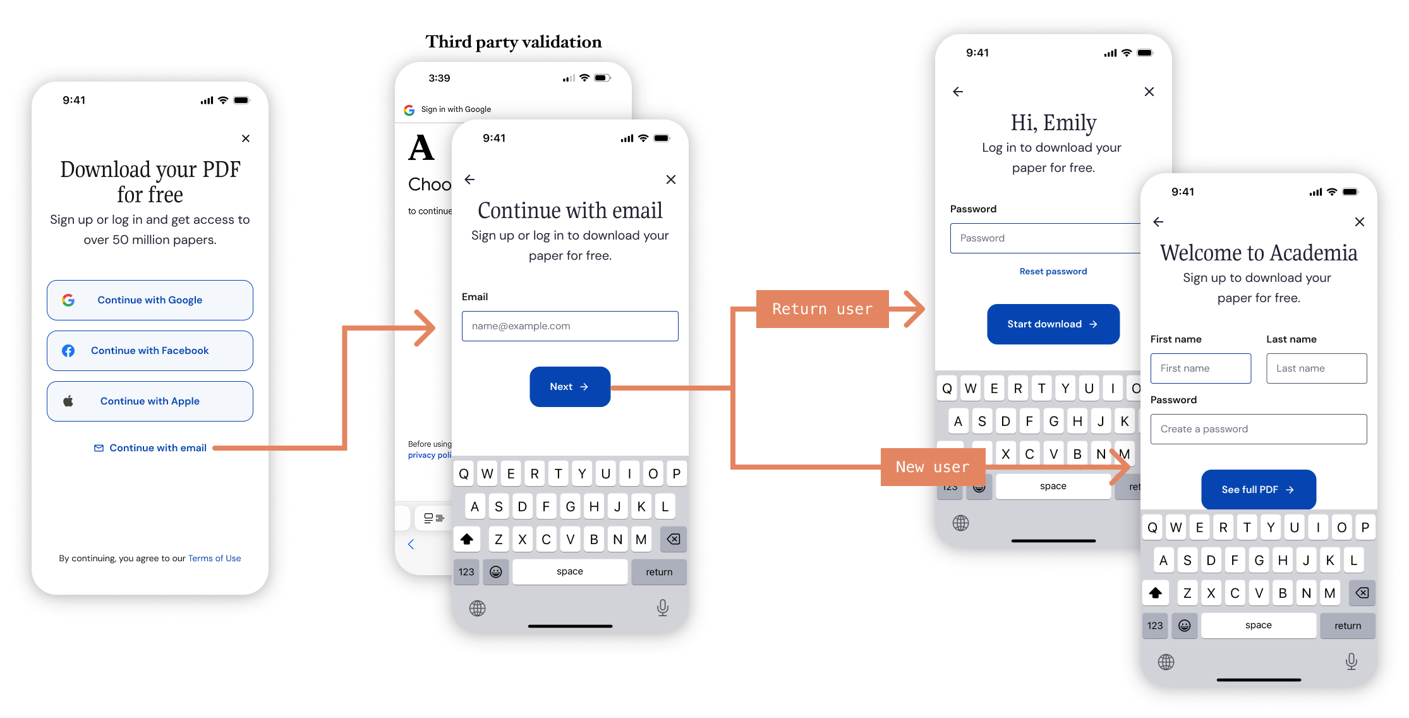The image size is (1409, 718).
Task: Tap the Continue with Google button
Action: tap(150, 300)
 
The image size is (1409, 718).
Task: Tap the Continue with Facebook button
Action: tap(150, 351)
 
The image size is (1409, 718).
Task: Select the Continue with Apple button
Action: tap(150, 401)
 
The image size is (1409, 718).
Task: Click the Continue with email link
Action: tap(151, 448)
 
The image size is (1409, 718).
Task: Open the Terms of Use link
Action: tap(214, 558)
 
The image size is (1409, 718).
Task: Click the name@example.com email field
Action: tap(569, 326)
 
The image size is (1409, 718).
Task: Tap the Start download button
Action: tap(1053, 324)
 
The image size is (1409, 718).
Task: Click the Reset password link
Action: tap(1053, 271)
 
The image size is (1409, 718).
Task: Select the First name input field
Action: tap(1200, 368)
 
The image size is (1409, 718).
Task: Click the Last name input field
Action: tap(1316, 368)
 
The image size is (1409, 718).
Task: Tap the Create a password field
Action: tap(1258, 429)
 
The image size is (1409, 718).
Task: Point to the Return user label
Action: tap(822, 309)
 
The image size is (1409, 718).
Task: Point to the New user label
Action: tap(932, 467)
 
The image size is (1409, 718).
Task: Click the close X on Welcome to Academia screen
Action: tap(1359, 222)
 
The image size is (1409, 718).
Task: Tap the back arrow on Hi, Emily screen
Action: tap(958, 92)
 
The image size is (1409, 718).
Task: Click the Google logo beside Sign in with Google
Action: tap(409, 110)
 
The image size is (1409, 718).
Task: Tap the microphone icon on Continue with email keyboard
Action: tap(662, 607)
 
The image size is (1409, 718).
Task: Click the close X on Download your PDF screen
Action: tap(246, 138)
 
